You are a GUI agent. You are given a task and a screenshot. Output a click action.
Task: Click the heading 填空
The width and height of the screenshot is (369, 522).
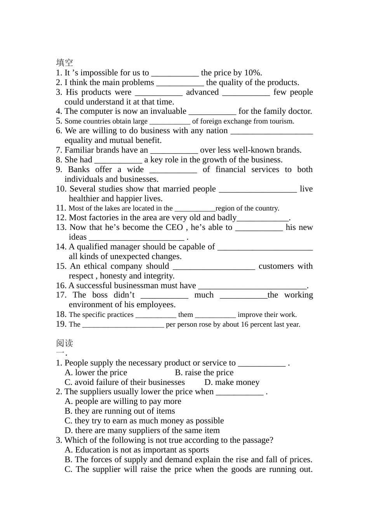click(64, 63)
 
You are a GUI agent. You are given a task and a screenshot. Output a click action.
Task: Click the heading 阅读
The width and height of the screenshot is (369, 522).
click(64, 343)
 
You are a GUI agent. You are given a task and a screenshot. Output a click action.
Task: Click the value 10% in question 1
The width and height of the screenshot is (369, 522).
click(253, 73)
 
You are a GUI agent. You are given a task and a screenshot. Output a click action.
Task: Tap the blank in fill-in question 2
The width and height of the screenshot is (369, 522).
click(180, 83)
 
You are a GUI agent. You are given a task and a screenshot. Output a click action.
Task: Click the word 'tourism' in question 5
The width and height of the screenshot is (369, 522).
click(282, 121)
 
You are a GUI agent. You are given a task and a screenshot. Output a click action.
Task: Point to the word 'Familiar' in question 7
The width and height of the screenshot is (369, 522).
click(79, 150)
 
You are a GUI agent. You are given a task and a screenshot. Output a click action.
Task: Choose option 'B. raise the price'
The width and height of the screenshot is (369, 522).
click(204, 373)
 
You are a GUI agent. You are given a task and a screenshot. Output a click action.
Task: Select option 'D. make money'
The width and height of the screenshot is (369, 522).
click(232, 383)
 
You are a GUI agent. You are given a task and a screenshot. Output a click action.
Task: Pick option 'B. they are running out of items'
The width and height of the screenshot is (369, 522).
click(120, 411)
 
